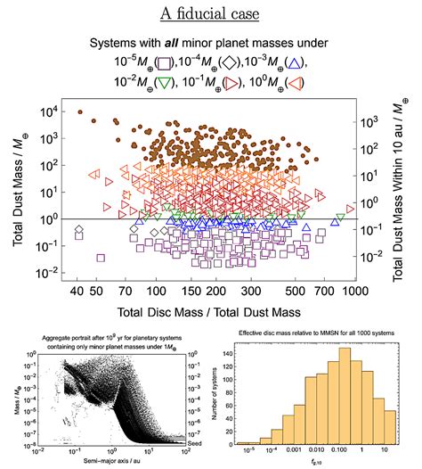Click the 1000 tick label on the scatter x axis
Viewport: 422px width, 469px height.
coord(354,291)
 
